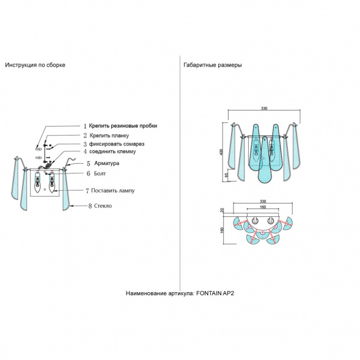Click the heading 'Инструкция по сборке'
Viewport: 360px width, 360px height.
(35, 65)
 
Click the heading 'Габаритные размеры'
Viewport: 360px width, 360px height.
(213, 65)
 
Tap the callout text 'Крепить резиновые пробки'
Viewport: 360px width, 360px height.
(123, 126)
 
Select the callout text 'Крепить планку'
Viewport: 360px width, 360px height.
(109, 136)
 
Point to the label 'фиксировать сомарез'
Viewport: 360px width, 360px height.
(117, 144)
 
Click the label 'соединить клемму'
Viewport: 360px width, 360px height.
(112, 152)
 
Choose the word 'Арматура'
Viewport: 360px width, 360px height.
(107, 163)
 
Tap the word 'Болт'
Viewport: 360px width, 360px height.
(100, 174)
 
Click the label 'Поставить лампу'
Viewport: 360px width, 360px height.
(112, 191)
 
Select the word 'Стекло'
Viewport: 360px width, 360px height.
(103, 206)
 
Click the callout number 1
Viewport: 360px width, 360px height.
(85, 126)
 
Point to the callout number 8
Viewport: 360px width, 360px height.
(90, 206)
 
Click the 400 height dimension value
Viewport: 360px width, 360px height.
(221, 152)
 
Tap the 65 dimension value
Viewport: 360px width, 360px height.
(227, 175)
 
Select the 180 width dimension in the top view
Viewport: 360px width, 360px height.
(263, 207)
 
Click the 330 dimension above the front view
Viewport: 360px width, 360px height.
(264, 108)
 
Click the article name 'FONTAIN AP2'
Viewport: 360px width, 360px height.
(215, 293)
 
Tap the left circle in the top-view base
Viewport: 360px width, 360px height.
(255, 221)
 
